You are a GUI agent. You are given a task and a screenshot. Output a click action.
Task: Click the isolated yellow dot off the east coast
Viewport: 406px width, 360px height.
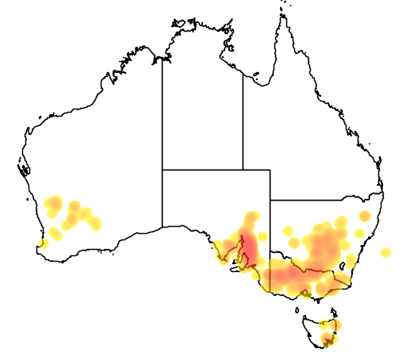[385, 253]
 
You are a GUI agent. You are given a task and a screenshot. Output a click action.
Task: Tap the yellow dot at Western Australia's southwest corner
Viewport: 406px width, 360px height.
[43, 243]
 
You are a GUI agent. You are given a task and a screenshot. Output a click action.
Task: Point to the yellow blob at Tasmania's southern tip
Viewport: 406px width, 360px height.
[327, 341]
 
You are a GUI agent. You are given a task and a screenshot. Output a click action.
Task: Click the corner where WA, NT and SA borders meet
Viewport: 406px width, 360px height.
[163, 170]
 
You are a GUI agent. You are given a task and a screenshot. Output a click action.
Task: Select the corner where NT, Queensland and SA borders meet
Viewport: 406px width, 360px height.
[243, 170]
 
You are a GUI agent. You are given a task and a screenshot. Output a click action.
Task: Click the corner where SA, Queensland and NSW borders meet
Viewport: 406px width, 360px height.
[270, 201]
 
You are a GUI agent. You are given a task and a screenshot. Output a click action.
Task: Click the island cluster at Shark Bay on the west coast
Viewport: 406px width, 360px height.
[23, 168]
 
